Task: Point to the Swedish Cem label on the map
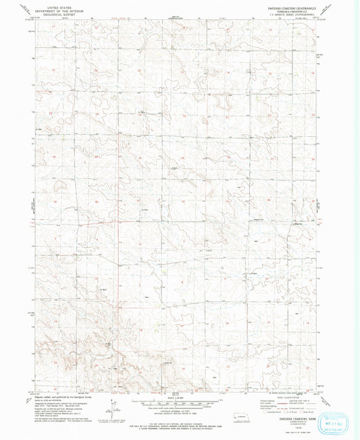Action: (297, 223)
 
